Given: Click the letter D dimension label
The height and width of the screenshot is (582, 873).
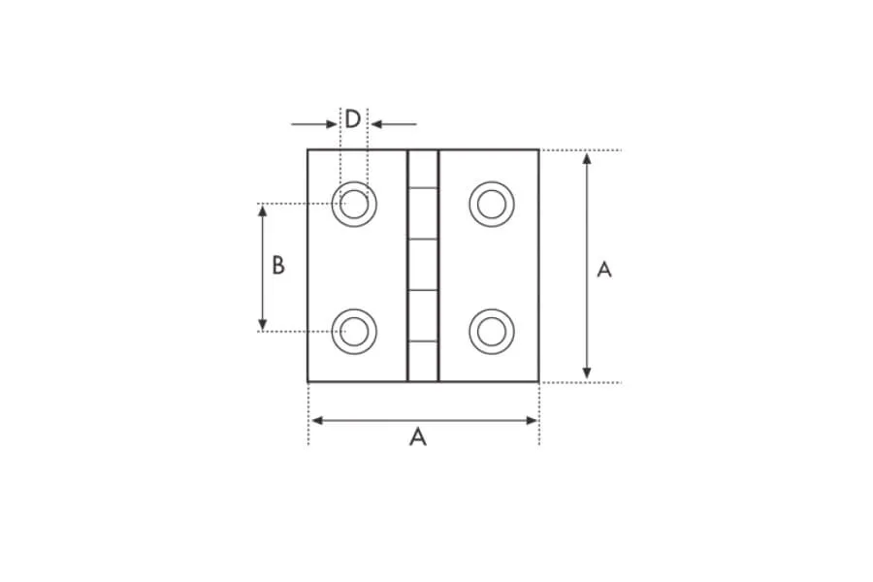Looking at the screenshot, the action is (352, 119).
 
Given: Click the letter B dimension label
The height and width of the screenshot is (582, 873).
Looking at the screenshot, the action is (278, 266).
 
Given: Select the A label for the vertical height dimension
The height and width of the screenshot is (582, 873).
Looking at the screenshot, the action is (604, 270).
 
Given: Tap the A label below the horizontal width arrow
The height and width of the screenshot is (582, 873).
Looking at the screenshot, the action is (417, 437).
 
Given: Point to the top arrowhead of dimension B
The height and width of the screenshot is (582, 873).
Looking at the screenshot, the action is (263, 210).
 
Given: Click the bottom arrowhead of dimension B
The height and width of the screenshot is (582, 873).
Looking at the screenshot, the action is (263, 324).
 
